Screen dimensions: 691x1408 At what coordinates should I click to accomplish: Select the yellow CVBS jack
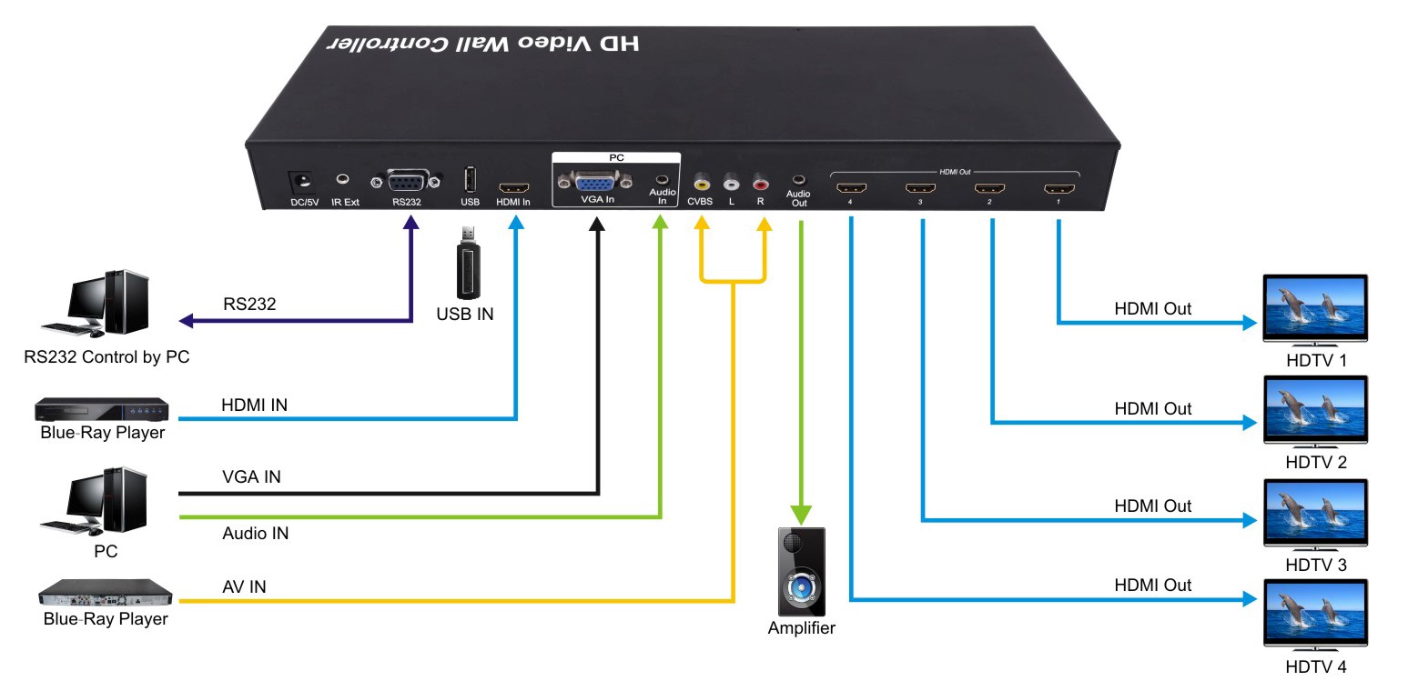coord(701,182)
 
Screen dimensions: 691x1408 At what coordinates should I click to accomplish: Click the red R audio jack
coord(760,182)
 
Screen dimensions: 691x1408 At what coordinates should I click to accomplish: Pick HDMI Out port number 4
coord(850,190)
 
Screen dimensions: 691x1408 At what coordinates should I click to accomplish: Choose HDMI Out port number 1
coord(1059,190)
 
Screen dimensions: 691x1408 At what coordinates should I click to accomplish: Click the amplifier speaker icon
coord(801,572)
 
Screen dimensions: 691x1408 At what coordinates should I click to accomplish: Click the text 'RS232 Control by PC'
coord(106,356)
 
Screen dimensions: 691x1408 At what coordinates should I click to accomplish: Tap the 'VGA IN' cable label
coord(251,476)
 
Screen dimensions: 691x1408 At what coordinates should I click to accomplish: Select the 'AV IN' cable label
coord(244,586)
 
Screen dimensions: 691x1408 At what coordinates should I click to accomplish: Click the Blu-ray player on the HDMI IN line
coord(102,409)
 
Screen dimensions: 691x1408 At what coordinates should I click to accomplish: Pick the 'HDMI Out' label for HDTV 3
coord(1152,506)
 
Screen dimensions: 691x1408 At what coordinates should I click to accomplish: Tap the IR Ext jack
coord(344,180)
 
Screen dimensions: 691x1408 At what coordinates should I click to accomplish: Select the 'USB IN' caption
coord(466,315)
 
